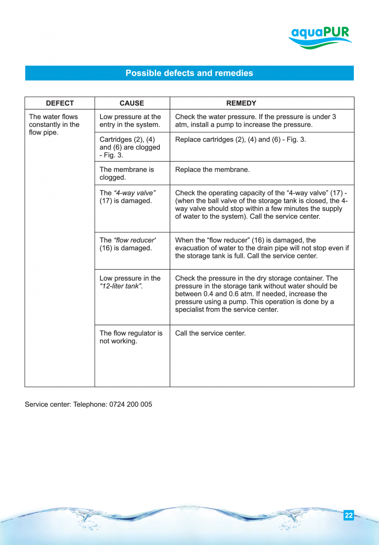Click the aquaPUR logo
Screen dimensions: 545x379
(320, 37)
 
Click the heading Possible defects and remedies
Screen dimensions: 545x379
(189, 73)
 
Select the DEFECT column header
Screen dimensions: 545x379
(60, 103)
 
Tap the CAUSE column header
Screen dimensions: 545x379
(132, 103)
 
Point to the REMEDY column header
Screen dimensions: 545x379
(241, 103)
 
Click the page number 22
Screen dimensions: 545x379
(349, 515)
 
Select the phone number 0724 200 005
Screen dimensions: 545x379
(131, 404)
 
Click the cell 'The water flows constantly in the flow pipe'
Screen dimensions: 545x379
(54, 125)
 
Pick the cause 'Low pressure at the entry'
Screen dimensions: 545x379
(130, 121)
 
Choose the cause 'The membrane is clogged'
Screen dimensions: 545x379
(127, 174)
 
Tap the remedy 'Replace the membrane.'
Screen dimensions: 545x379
(212, 170)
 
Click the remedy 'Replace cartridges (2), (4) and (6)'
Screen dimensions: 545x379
(240, 139)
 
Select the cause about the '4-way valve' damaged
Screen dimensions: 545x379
(128, 197)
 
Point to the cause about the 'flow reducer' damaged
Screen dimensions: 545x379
(128, 244)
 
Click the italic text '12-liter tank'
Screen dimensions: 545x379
(121, 287)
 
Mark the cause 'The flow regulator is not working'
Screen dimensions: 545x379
(131, 337)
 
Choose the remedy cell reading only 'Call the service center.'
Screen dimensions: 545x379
(210, 333)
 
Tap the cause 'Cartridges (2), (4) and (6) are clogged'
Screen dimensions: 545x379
(130, 147)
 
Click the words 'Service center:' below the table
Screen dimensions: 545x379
(48, 404)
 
